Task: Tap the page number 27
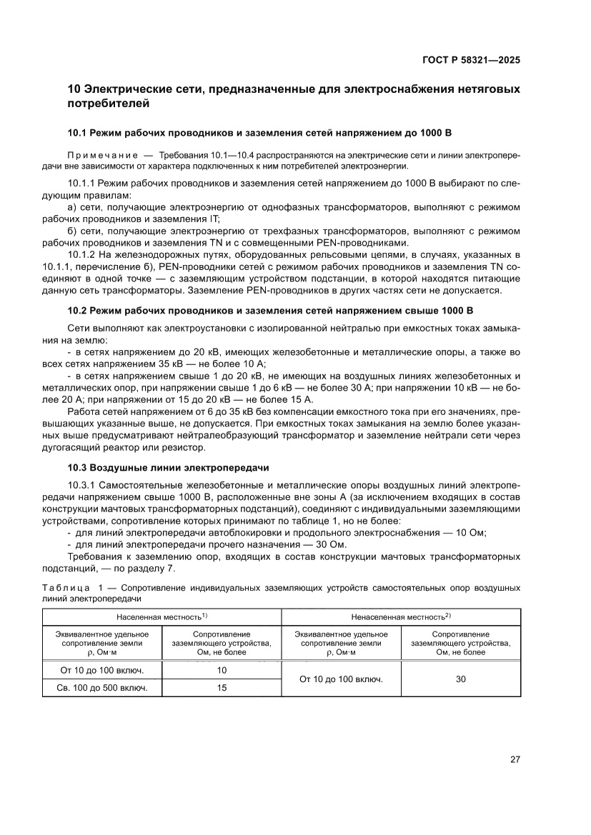[x=515, y=759]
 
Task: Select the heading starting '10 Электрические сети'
[x=293, y=96]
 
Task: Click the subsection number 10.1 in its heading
[x=76, y=133]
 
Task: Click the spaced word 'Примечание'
[x=100, y=155]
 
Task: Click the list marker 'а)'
[x=72, y=206]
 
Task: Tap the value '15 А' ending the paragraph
[x=300, y=399]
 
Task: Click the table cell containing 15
[x=222, y=688]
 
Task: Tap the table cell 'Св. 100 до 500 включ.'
[x=102, y=688]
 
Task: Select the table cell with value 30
[x=460, y=679]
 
